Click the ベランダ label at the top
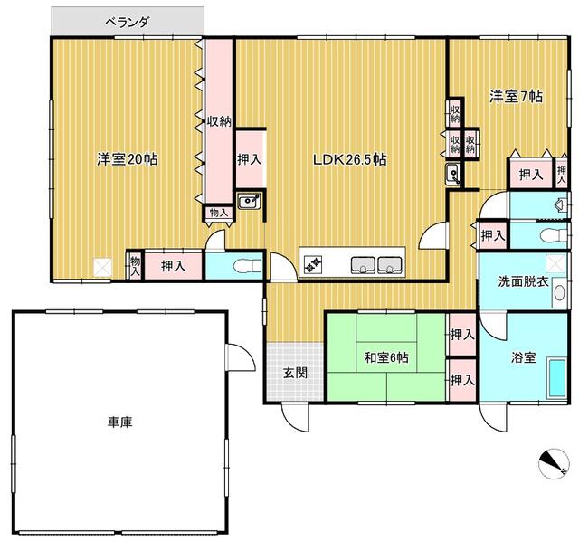127,19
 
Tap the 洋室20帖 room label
128,159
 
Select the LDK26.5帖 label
350,159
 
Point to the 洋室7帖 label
517,96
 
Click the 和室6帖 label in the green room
387,358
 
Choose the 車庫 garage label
120,422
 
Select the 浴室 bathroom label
525,357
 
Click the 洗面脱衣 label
523,281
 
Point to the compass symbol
548,462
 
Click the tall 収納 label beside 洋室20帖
218,121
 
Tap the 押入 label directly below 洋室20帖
173,265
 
